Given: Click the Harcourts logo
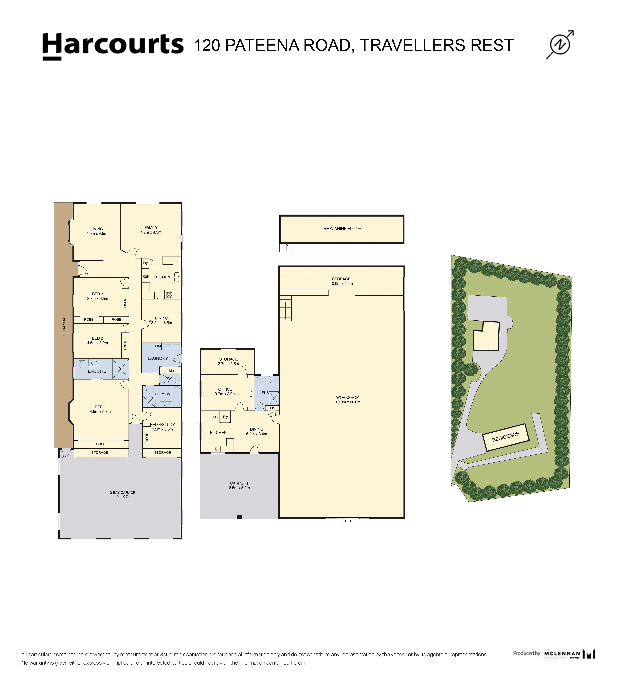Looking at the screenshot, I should click(113, 46).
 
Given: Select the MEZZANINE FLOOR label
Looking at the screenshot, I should click(342, 229).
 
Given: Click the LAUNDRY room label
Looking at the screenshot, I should click(158, 359).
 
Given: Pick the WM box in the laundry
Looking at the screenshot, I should click(158, 346).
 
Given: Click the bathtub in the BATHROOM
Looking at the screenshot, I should click(176, 396).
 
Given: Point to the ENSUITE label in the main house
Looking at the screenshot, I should click(97, 371).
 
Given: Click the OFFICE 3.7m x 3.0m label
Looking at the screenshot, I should click(225, 391).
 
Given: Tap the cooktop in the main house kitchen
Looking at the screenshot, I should click(169, 294).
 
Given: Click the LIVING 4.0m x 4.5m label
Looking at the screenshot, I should click(97, 231).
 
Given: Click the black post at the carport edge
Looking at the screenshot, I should click(240, 517).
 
